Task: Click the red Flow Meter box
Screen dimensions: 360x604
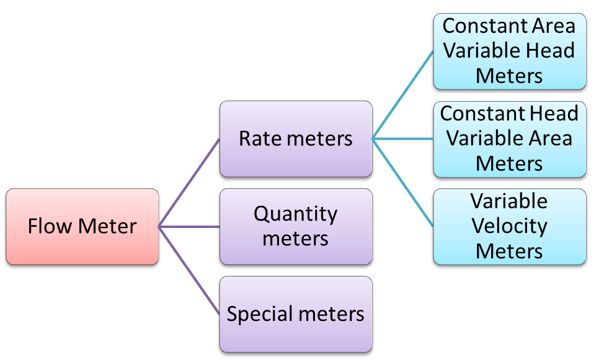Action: (x=82, y=227)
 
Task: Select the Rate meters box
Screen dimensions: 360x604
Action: (x=295, y=139)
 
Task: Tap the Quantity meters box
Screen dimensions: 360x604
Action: (x=295, y=227)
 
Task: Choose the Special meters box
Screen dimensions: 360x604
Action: (x=295, y=314)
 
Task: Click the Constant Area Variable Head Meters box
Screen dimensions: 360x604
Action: (x=509, y=51)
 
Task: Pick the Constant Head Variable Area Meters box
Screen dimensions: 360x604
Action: (x=509, y=139)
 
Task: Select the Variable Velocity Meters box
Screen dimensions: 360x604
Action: (x=509, y=227)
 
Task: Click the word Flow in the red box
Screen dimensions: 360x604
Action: (x=45, y=226)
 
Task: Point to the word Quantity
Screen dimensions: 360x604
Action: (x=295, y=214)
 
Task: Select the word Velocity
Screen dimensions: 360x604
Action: (x=509, y=226)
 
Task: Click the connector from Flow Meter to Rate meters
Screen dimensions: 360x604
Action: (x=189, y=183)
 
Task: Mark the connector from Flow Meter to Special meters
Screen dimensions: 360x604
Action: (x=189, y=270)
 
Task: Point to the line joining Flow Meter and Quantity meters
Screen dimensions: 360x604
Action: (x=189, y=227)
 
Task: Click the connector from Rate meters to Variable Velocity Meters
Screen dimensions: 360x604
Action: (x=402, y=183)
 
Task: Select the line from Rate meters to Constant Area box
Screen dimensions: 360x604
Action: (x=402, y=95)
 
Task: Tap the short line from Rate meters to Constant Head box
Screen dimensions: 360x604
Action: (x=402, y=139)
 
